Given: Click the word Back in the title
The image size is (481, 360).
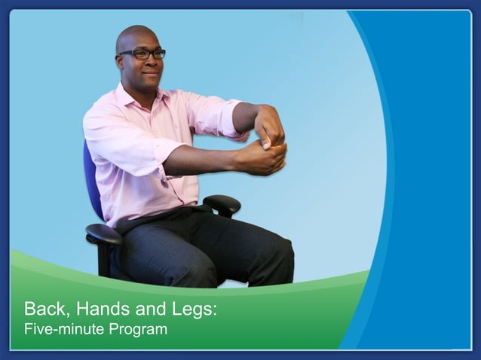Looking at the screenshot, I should click(43, 309).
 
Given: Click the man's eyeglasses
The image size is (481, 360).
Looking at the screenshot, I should click(144, 53).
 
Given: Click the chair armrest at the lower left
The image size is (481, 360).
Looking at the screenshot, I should click(103, 234).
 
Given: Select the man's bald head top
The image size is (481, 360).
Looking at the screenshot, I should click(136, 32).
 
